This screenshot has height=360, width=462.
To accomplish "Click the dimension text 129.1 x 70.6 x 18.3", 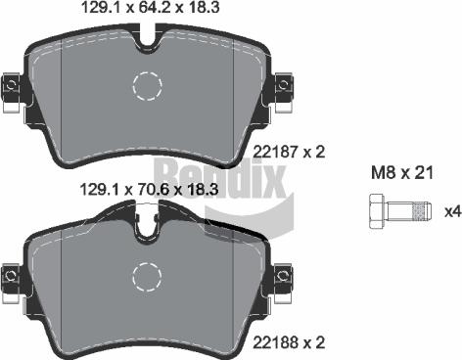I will (147, 191).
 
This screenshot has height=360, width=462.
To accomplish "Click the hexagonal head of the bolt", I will (378, 209).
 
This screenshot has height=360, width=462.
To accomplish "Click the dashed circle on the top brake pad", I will (148, 88).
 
